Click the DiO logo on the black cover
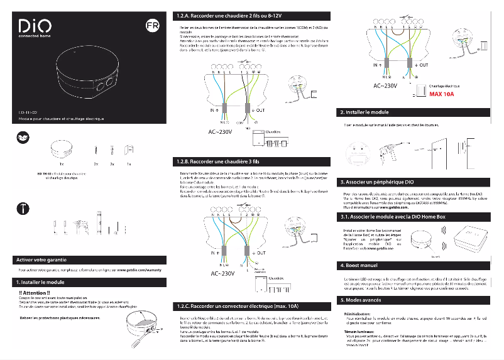pos(33,26)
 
